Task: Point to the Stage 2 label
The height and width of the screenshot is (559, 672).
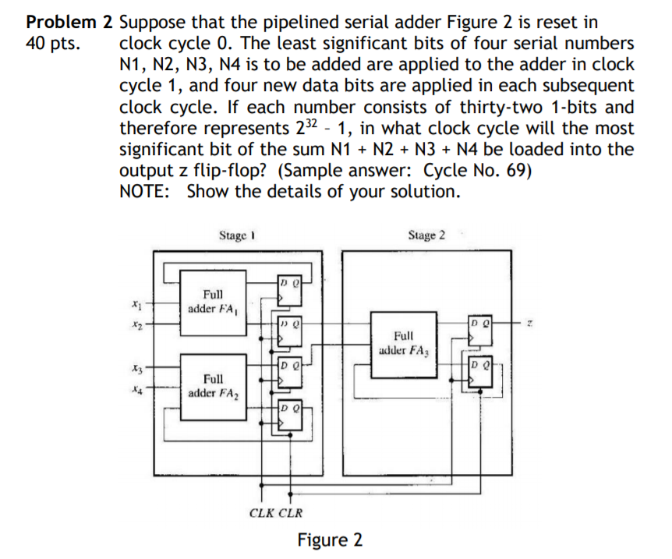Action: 426,235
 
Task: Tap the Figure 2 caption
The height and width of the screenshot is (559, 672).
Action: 330,540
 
